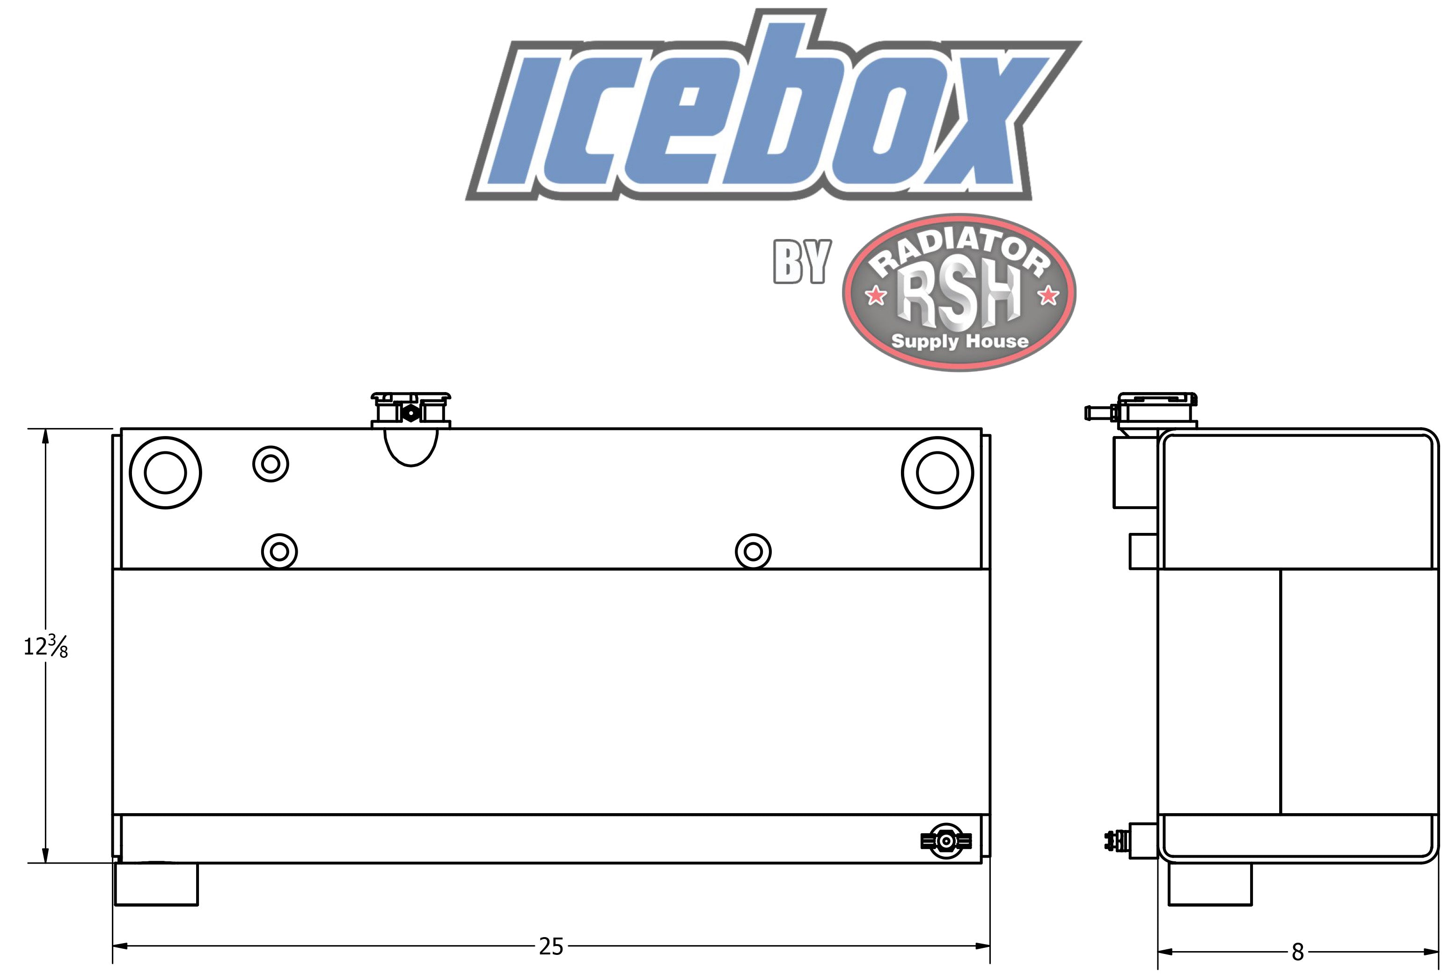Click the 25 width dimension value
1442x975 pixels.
point(551,946)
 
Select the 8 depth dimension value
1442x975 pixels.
point(1297,952)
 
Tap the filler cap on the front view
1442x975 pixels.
point(411,409)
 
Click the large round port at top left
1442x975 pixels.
point(165,473)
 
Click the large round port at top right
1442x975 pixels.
point(937,473)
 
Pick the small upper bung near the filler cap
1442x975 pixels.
point(271,463)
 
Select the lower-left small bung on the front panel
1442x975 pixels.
point(279,552)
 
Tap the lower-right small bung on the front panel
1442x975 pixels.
point(753,552)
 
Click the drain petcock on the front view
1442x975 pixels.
point(945,841)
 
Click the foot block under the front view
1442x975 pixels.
point(156,884)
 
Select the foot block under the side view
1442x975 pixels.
point(1209,884)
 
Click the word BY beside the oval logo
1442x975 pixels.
point(801,263)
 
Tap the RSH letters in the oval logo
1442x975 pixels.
point(958,297)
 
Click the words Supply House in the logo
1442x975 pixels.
point(959,341)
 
